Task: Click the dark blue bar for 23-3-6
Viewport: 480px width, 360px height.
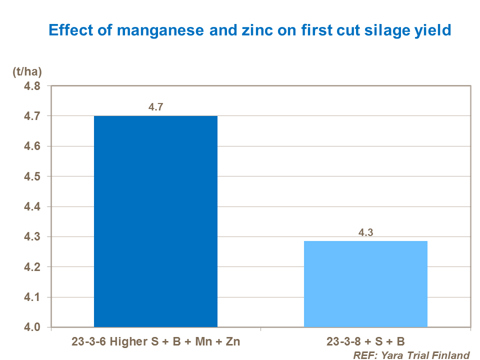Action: (x=155, y=221)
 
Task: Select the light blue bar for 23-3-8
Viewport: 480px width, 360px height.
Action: (x=365, y=284)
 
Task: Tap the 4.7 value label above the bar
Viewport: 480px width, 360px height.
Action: (x=155, y=106)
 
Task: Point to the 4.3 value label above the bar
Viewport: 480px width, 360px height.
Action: (x=365, y=232)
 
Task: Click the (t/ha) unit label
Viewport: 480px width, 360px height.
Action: (x=26, y=72)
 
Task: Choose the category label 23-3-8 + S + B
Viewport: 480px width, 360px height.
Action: (x=365, y=342)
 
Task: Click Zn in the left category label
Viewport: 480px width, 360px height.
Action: (x=231, y=342)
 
